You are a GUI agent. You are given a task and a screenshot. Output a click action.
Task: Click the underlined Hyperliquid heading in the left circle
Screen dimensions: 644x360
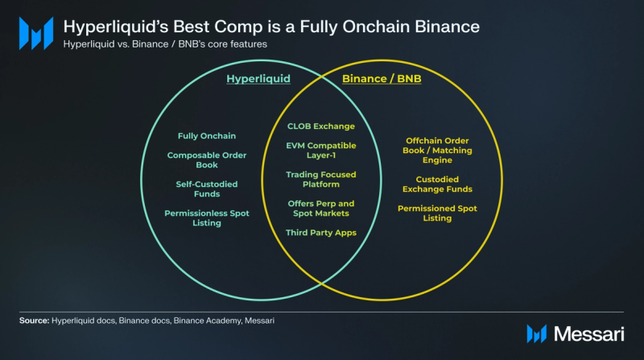[x=258, y=78]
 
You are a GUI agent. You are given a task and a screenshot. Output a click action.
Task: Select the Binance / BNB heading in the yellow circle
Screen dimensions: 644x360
[x=382, y=78]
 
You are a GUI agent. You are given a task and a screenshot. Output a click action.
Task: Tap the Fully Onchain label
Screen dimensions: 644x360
[x=207, y=136]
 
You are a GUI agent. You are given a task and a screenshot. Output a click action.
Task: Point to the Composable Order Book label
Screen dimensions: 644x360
[x=207, y=159]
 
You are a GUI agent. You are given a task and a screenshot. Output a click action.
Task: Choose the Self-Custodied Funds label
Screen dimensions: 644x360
[x=207, y=189]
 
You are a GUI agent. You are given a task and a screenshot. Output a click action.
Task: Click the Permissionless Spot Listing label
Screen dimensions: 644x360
[x=207, y=217]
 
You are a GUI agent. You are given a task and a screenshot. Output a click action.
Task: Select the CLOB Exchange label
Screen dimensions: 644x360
[x=320, y=126]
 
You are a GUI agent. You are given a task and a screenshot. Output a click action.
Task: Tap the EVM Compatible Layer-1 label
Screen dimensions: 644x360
[x=320, y=151]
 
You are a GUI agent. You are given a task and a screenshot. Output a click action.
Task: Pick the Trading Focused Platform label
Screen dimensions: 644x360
[x=320, y=179]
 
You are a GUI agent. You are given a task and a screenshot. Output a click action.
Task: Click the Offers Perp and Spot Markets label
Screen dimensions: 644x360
[x=320, y=209]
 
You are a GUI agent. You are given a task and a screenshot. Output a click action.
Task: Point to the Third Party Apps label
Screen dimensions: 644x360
[x=320, y=233]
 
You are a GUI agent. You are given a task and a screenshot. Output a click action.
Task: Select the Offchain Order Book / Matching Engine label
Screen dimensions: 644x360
[x=437, y=151]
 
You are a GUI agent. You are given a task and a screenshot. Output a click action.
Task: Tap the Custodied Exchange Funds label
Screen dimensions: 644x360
[x=437, y=184]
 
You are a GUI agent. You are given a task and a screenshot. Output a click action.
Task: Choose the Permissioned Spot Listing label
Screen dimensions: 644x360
[x=437, y=213]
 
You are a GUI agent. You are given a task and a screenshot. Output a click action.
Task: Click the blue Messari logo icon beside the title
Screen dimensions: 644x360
[x=36, y=33]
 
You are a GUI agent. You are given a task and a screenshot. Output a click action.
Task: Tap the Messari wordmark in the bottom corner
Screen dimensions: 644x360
[x=589, y=333]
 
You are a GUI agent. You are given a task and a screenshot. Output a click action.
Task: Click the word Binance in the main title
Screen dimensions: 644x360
[x=447, y=27]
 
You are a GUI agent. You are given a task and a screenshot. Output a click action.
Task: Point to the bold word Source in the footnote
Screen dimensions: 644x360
[x=34, y=321]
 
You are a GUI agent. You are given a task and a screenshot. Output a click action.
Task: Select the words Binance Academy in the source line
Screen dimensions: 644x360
[x=207, y=321]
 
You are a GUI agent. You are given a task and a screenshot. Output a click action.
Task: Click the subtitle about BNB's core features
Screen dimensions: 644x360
[x=165, y=44]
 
